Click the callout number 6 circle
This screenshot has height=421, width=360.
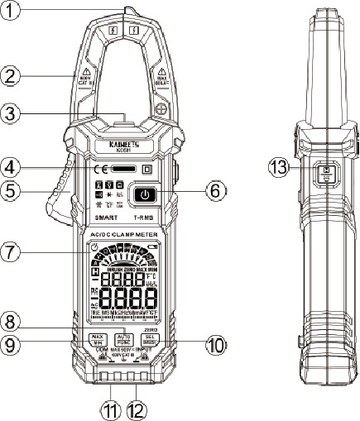(215, 189)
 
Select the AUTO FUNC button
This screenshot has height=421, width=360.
(125, 339)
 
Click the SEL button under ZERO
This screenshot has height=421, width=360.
(150, 339)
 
